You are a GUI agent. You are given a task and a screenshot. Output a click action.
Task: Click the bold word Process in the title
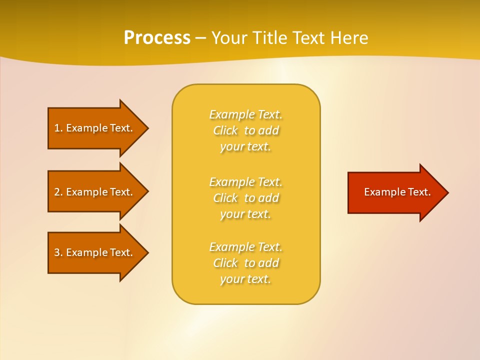coord(157,38)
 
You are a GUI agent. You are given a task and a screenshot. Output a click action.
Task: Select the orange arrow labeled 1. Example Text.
coord(95,128)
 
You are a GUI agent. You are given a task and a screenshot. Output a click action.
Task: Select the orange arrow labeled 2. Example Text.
coord(95,192)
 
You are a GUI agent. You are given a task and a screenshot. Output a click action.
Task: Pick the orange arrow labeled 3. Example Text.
coord(95,252)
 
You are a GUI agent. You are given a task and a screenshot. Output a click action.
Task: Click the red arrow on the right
coord(395,192)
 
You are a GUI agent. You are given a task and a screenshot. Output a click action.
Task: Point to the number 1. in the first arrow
coord(58,128)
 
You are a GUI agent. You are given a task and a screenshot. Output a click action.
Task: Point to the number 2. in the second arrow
coord(58,192)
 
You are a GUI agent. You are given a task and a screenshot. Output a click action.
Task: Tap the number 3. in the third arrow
coord(58,252)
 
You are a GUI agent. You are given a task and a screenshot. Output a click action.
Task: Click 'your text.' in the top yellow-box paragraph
coord(245,147)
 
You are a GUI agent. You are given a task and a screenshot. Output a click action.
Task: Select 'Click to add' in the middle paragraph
coord(245,198)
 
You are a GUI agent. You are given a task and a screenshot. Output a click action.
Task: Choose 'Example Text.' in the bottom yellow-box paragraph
coord(245,247)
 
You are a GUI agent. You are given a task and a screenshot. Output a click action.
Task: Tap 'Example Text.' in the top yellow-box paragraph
coord(245,114)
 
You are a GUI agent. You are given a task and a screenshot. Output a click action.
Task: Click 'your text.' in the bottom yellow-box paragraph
coord(245,279)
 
